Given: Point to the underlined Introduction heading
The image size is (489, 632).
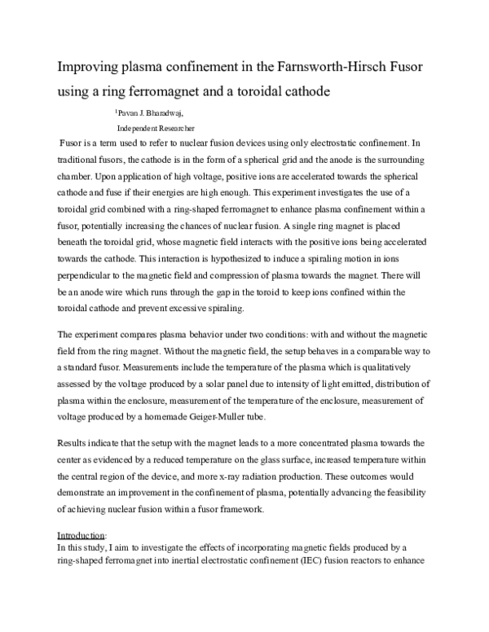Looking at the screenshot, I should pos(81,535).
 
